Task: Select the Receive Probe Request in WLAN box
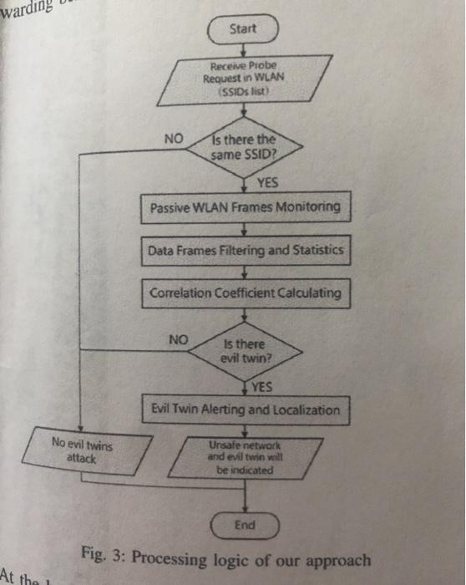coord(243,79)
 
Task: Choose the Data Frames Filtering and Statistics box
coord(245,250)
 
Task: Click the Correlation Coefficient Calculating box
coord(244,292)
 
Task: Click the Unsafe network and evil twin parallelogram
coord(245,458)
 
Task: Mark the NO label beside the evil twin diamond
coord(179,339)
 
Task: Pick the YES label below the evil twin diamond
coord(264,385)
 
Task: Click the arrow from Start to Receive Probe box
coord(243,51)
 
